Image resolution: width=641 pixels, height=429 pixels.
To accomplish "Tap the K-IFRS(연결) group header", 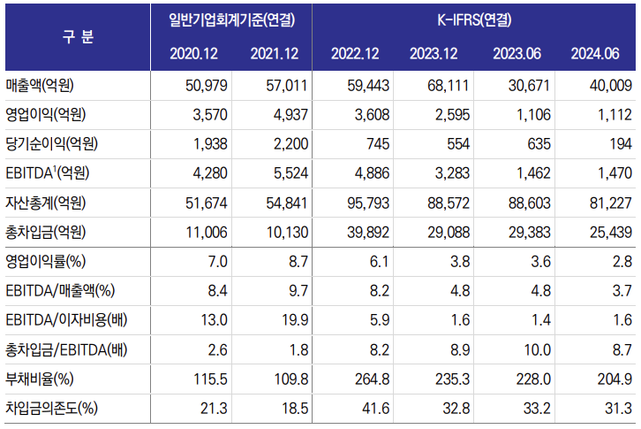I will [476, 19].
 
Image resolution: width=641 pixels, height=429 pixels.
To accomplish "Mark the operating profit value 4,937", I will [284, 115].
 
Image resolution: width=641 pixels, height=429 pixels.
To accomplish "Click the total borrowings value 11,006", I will [206, 232].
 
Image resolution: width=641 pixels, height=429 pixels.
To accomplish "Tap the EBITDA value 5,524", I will [284, 173].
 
